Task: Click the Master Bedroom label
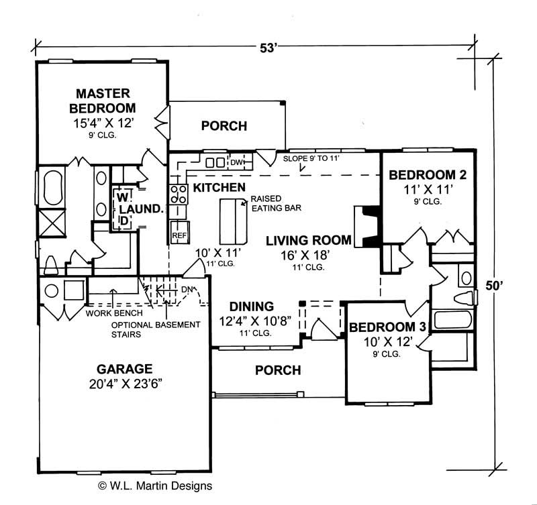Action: tap(105, 101)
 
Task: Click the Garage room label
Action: tap(124, 369)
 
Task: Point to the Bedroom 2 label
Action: tap(428, 176)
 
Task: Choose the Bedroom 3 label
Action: tap(387, 327)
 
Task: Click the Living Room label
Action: tap(308, 240)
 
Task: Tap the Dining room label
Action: tap(251, 306)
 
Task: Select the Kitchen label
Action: tap(218, 187)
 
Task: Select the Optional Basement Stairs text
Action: tap(155, 329)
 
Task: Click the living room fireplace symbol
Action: tap(367, 227)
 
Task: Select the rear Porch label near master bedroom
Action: tap(224, 125)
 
